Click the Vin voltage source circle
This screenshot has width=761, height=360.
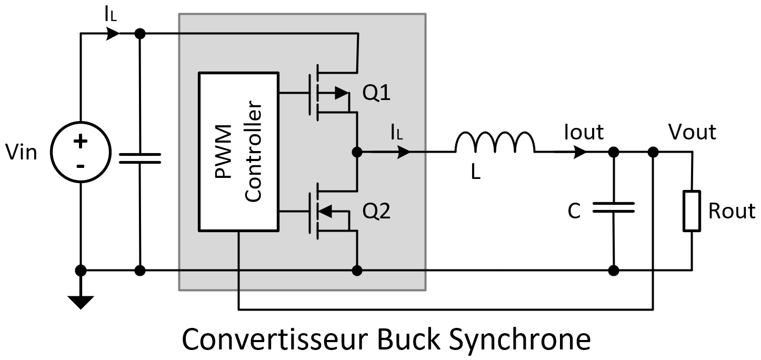(80, 153)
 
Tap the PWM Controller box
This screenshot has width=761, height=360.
(238, 152)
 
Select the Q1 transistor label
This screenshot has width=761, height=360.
(377, 94)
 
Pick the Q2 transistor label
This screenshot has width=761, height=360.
(377, 212)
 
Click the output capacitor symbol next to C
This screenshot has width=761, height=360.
(614, 207)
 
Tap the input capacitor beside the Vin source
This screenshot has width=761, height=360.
(140, 158)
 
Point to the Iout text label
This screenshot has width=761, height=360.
(584, 132)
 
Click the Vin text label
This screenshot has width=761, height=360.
(22, 153)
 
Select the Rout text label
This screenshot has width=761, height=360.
(732, 211)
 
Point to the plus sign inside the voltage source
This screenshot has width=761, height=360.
(80, 141)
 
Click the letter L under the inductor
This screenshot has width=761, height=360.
(476, 172)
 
